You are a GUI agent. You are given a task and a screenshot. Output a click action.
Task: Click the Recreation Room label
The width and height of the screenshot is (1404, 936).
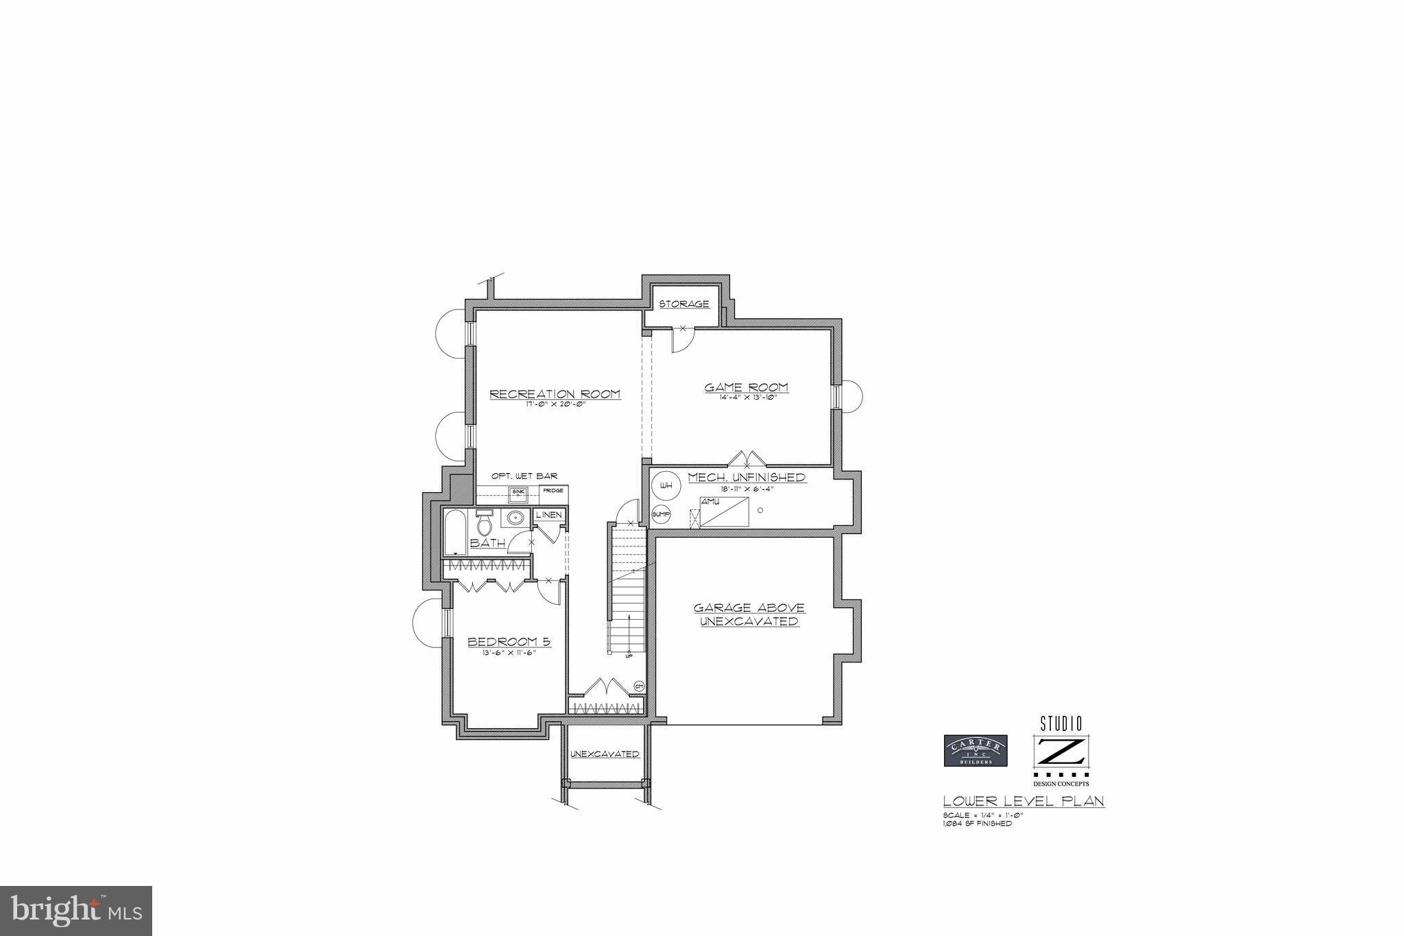pos(555,394)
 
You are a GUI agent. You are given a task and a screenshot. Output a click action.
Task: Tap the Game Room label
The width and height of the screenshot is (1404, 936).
pos(746,387)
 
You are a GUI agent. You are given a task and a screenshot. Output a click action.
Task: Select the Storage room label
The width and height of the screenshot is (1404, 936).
pos(683,304)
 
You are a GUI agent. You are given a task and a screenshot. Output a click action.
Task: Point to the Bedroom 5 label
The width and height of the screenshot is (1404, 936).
pos(509,642)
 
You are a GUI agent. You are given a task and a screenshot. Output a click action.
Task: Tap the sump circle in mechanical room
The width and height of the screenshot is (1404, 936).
pos(661,514)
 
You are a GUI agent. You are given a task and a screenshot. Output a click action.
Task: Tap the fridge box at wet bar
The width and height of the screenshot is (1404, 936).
pos(553,490)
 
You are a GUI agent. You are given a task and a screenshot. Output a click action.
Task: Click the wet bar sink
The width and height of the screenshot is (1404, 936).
pos(518,492)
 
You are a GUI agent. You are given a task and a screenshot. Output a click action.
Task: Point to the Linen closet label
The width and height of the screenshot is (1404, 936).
pos(548,515)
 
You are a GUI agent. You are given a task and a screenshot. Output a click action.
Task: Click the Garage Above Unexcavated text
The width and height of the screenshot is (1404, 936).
pos(749,614)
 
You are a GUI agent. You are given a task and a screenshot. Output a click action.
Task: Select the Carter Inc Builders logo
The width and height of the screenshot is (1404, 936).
pos(976,750)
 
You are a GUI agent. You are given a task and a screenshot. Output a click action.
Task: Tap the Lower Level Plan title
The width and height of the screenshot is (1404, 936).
pos(1024,801)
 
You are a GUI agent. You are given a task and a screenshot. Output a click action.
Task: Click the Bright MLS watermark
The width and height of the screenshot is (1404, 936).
pos(75,911)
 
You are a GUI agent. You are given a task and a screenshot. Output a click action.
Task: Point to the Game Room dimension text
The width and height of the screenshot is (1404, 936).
pos(747,398)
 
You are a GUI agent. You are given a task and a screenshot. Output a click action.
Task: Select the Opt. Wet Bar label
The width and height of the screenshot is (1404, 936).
pos(524,476)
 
